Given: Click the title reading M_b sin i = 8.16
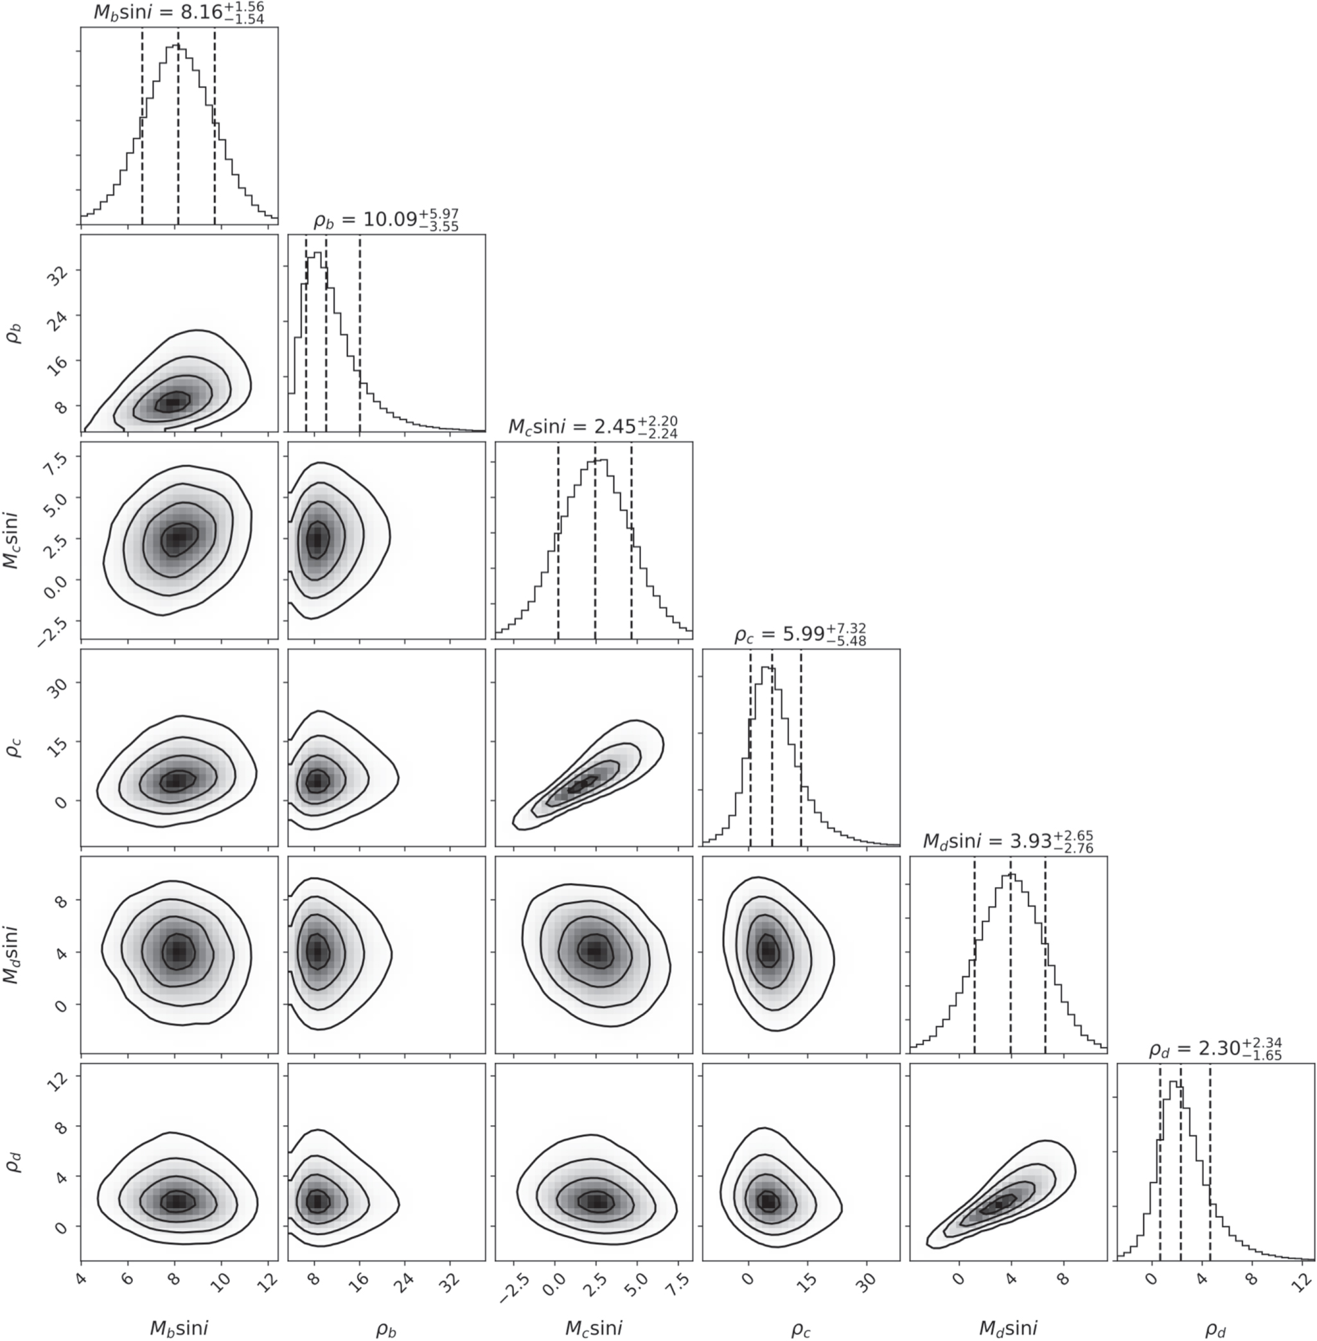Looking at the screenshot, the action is point(179,13).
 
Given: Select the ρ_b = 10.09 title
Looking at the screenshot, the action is point(386,220).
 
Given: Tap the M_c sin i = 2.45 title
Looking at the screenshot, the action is point(593,426).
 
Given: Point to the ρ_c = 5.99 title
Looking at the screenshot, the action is point(800,634).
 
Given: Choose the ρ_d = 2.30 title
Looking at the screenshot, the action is point(1215,1049).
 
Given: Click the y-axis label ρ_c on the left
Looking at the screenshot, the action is point(15,748).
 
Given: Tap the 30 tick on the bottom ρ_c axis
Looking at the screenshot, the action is point(867,1279).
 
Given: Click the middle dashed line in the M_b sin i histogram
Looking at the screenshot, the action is point(178,125).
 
